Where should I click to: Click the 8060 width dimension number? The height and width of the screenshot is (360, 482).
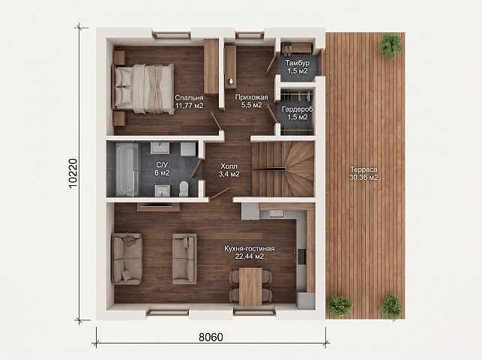click(211, 337)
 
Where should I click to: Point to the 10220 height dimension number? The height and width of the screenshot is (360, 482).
click(73, 173)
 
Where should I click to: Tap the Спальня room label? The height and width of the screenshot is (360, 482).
click(189, 97)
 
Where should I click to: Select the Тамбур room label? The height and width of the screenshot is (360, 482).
click(298, 63)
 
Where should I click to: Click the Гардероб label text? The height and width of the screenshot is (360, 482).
click(298, 109)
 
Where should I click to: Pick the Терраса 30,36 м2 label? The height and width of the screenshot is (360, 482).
click(364, 173)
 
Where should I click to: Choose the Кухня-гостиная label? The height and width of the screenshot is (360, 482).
click(250, 248)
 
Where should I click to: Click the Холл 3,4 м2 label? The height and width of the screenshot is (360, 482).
click(229, 170)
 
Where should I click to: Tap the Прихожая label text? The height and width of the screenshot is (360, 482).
click(251, 97)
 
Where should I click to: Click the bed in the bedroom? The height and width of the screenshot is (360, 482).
click(144, 88)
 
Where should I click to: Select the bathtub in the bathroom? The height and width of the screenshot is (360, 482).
click(127, 169)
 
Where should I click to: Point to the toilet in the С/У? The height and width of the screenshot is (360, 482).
click(184, 188)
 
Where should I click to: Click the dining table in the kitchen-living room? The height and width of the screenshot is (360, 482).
click(250, 286)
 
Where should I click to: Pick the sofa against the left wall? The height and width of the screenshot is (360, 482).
click(127, 258)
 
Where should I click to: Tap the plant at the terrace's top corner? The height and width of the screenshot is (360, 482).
click(391, 46)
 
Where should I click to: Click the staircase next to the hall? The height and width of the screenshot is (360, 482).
click(283, 169)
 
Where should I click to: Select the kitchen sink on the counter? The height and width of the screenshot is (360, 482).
click(277, 214)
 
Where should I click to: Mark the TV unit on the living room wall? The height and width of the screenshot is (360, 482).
click(158, 206)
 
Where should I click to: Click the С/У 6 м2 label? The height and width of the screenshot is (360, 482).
click(162, 169)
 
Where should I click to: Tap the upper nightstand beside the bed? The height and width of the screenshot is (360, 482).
click(119, 58)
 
